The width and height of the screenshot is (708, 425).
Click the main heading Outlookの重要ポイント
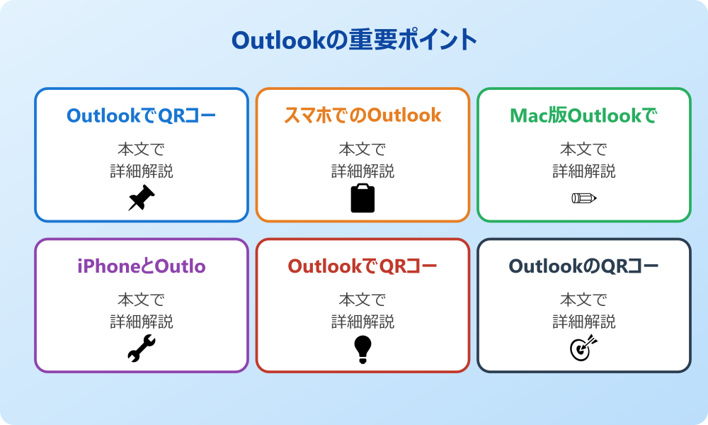[354, 40]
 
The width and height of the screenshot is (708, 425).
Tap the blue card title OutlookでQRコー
[142, 115]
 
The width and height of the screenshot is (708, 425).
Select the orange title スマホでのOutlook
[362, 115]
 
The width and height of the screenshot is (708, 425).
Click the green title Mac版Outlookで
[584, 115]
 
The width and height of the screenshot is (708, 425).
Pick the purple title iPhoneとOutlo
[142, 266]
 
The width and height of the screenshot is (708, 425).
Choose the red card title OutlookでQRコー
[362, 266]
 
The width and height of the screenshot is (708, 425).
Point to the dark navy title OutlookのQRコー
[584, 266]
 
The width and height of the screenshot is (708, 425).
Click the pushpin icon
[142, 198]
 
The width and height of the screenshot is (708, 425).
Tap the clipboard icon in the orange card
[362, 198]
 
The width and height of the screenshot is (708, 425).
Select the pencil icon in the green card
[584, 198]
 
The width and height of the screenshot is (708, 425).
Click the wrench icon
[142, 349]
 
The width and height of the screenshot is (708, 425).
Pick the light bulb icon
[362, 349]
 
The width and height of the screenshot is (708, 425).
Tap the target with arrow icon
[584, 349]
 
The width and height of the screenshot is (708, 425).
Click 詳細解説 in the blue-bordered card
[142, 171]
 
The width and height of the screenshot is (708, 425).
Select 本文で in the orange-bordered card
[362, 149]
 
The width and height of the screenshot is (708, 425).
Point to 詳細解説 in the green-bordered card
[584, 171]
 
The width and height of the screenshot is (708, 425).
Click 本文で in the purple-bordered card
[142, 300]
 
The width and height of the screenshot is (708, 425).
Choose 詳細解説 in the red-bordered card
[362, 322]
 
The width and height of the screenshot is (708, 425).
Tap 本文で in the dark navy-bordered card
[584, 300]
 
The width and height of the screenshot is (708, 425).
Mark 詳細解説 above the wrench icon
[142, 322]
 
